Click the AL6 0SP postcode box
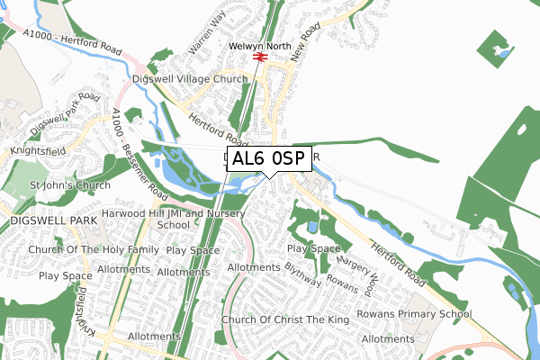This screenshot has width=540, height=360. click(270, 159)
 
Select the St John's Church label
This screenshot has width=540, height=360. click(70, 185)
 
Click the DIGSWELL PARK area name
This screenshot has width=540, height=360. click(45, 219)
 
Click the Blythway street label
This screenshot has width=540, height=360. click(302, 275)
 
